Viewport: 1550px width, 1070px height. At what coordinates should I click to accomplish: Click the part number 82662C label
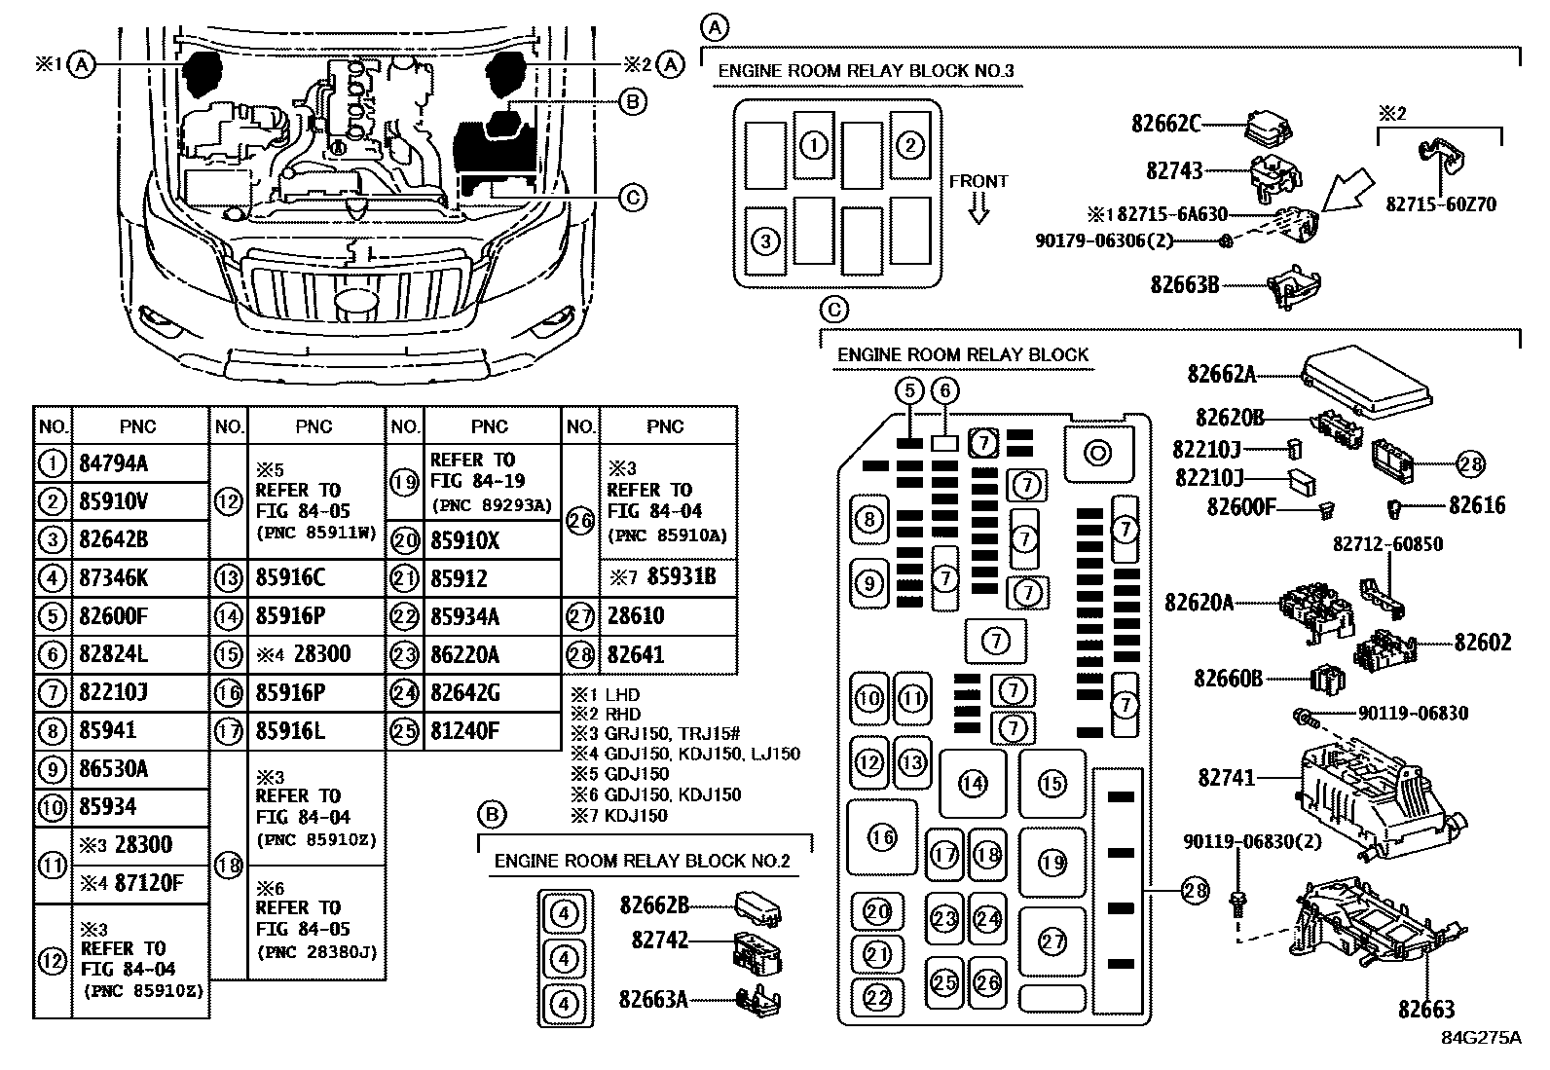[x=1165, y=124]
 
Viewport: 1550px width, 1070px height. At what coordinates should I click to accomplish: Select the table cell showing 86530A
[x=113, y=769]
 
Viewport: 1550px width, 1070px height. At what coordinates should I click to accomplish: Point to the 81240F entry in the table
[x=464, y=731]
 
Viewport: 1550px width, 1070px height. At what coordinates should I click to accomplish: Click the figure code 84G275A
[x=1481, y=1038]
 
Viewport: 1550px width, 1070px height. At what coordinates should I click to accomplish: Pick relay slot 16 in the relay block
[x=882, y=836]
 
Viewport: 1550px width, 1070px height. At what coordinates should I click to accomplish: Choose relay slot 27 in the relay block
[x=1052, y=941]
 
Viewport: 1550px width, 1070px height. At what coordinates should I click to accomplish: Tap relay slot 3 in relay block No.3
[x=765, y=240]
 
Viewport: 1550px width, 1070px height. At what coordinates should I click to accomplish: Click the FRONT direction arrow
[x=979, y=207]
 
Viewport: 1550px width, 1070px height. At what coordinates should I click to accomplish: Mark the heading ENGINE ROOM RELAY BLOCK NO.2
[x=643, y=862]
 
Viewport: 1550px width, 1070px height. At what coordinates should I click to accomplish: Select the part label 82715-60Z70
[x=1441, y=204]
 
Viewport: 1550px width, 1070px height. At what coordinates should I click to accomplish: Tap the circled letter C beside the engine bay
[x=633, y=199]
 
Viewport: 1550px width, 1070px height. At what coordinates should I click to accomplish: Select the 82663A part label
[x=652, y=999]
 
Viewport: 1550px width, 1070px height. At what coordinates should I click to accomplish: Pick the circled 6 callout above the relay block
[x=944, y=391]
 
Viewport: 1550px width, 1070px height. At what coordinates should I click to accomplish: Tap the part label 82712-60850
[x=1388, y=544]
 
